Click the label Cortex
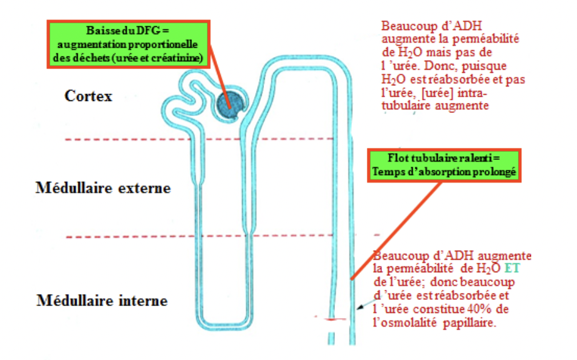[88, 96]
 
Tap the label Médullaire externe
[103, 188]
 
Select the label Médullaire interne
[102, 300]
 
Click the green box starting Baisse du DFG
[127, 45]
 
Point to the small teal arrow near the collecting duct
[362, 307]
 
